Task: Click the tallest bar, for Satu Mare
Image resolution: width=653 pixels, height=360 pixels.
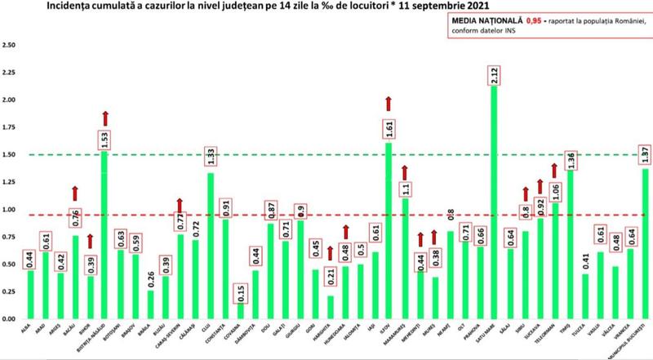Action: point(495,204)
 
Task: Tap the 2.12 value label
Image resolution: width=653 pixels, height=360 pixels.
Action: point(495,75)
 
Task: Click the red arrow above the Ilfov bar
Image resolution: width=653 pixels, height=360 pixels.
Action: point(389,103)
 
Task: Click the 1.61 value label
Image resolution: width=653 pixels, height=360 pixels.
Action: point(389,129)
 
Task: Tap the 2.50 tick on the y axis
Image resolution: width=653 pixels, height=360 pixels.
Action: point(11,45)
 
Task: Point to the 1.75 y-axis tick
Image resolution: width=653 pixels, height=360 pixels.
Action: point(11,127)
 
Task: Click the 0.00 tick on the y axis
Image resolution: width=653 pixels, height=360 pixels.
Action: point(11,318)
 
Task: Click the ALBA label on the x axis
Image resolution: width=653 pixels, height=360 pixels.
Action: point(28,327)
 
